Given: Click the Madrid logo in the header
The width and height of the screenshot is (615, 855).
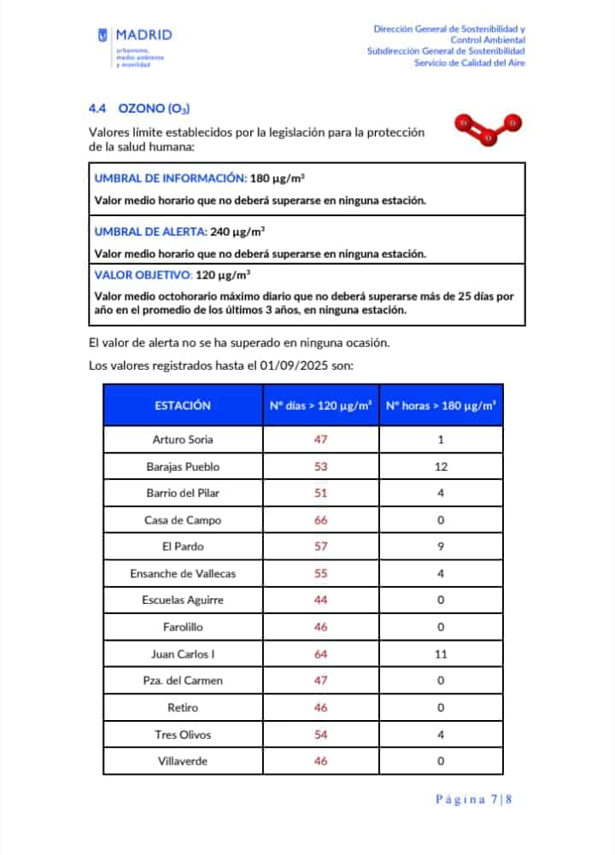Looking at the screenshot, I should click(135, 46).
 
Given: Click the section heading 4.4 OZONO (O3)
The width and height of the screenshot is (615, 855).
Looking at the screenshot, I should click(138, 108).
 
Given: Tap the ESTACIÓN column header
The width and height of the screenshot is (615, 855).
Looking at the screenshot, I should click(183, 406).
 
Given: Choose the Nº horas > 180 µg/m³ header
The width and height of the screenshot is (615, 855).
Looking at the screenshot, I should click(441, 406).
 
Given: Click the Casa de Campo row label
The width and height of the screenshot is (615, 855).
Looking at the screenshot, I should click(183, 520).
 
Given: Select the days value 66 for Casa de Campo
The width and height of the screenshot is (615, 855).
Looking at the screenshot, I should click(320, 520).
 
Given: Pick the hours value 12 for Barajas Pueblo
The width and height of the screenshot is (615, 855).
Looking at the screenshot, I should click(441, 467).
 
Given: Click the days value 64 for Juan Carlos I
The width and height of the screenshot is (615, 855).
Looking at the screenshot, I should click(320, 654).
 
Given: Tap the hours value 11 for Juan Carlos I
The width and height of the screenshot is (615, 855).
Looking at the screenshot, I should click(441, 654).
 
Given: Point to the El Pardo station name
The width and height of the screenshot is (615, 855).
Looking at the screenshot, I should click(183, 547).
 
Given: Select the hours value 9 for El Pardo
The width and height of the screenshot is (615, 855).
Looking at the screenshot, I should click(441, 547).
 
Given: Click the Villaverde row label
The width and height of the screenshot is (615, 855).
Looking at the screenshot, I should click(183, 761).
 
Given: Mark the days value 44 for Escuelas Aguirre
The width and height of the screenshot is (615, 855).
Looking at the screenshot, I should click(320, 600).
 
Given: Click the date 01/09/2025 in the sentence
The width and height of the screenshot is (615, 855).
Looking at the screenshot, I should click(285, 366).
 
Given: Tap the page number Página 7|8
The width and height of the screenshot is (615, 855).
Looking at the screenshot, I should click(473, 799).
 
